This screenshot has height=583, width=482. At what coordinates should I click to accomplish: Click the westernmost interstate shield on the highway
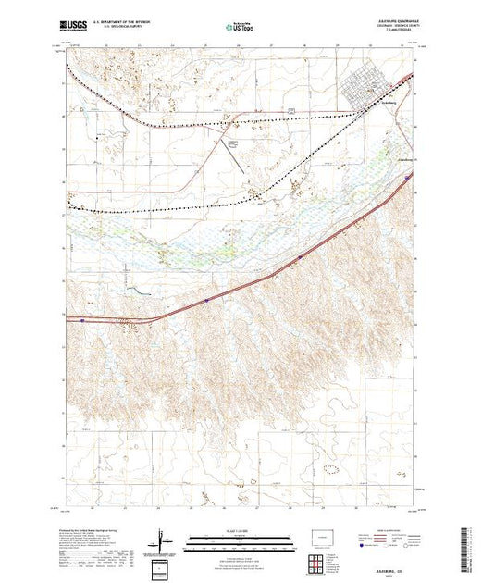coord(83,320)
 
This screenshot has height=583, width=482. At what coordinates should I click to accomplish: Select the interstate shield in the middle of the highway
coord(205,300)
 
